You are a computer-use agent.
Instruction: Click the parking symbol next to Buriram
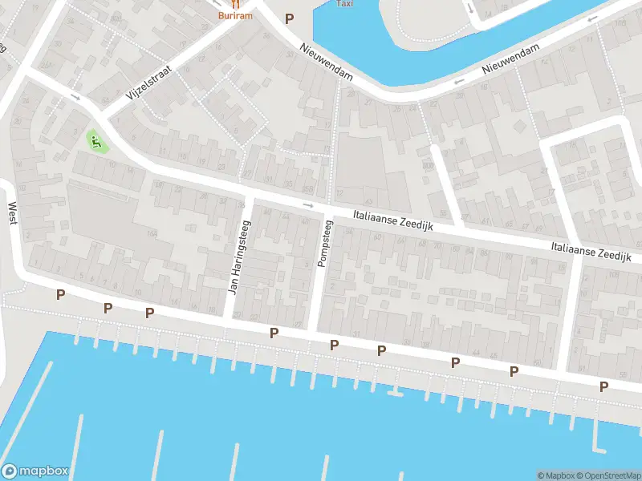[290, 18]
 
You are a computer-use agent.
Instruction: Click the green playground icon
[97, 143]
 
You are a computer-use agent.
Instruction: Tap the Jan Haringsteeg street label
[237, 257]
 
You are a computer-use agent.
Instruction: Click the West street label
[12, 213]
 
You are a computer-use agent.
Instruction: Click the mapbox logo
[35, 471]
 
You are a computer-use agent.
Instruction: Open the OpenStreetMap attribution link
[609, 475]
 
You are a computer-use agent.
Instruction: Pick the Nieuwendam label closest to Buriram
[326, 61]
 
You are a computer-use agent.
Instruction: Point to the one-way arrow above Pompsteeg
[308, 206]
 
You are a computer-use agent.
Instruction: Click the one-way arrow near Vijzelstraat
[75, 97]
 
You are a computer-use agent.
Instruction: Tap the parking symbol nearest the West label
[60, 295]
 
